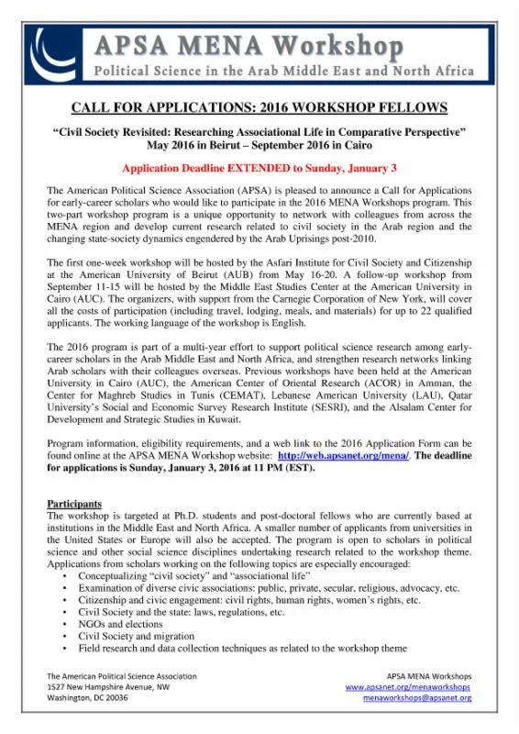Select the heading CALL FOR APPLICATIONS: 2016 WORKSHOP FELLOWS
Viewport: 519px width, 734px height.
pos(259,106)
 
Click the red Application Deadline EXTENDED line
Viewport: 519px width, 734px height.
pos(259,169)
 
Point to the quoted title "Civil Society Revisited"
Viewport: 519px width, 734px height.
pos(259,132)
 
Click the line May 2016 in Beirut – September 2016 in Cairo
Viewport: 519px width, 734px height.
pos(259,145)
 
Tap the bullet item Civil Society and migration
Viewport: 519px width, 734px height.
pos(137,635)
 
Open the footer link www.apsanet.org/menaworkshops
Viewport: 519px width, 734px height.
pos(408,686)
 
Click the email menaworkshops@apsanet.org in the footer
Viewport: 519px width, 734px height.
pos(417,698)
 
